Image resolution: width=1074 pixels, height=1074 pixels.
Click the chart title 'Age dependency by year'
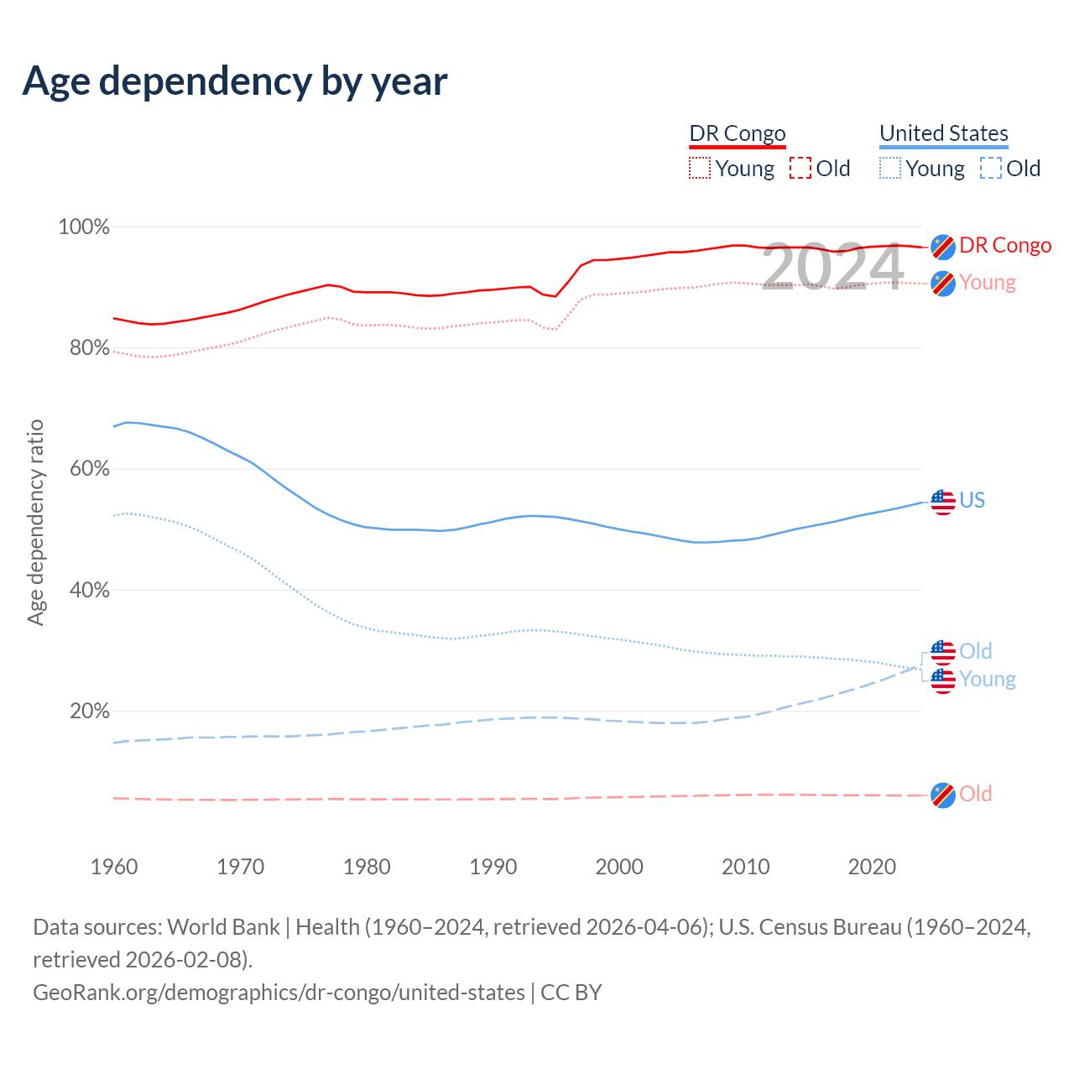(235, 81)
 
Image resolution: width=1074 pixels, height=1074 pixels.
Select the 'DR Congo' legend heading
(737, 133)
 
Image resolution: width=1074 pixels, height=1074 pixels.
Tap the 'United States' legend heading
(943, 133)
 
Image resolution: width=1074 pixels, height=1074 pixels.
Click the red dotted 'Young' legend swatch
(699, 169)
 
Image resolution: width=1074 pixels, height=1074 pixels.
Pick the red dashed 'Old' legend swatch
(800, 169)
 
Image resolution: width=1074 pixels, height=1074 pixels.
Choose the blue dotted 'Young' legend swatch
(889, 169)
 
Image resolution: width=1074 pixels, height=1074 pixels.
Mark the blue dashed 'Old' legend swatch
(990, 169)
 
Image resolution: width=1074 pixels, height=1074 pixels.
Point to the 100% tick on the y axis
(84, 227)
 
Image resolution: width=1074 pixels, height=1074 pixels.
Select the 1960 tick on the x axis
(114, 867)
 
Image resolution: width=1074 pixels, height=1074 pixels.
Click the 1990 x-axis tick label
(493, 867)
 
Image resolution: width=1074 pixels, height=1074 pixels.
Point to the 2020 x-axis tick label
(873, 867)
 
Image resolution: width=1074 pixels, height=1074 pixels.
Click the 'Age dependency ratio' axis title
(35, 522)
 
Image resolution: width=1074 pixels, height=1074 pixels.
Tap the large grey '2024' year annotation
(832, 268)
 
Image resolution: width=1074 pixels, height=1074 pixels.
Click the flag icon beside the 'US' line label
(943, 502)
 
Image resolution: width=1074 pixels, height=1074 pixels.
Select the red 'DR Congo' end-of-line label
(1005, 246)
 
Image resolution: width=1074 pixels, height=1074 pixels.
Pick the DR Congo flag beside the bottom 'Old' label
(943, 795)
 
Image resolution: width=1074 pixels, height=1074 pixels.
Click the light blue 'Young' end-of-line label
(988, 679)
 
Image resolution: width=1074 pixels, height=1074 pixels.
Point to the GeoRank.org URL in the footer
(279, 993)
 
